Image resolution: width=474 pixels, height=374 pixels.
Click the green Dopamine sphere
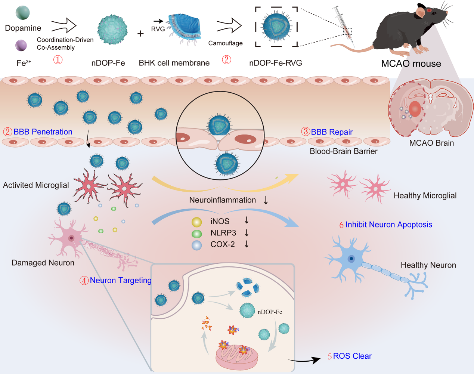[22, 12]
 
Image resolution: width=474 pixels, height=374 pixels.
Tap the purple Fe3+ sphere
[21, 46]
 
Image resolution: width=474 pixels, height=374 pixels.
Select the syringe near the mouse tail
[344, 23]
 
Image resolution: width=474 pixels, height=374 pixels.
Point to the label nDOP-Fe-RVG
[275, 63]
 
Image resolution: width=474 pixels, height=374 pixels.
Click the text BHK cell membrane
[174, 63]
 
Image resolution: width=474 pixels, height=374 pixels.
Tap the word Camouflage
[225, 43]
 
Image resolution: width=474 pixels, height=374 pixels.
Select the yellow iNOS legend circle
[196, 222]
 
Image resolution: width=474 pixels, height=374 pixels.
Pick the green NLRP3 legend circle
[196, 234]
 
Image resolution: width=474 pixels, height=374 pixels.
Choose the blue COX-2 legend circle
[196, 245]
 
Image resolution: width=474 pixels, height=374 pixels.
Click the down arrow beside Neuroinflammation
[266, 200]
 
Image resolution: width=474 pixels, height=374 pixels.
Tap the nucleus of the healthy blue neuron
[351, 259]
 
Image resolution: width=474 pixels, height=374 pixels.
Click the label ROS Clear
[352, 356]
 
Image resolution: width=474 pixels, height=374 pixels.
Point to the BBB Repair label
[331, 132]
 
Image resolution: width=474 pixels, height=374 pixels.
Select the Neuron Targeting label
[120, 280]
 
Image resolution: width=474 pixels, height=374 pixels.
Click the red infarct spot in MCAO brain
[415, 109]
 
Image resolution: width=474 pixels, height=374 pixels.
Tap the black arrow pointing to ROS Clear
[304, 361]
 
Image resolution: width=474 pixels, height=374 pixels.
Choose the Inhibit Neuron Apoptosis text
[388, 225]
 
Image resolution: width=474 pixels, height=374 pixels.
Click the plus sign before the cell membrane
[140, 34]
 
